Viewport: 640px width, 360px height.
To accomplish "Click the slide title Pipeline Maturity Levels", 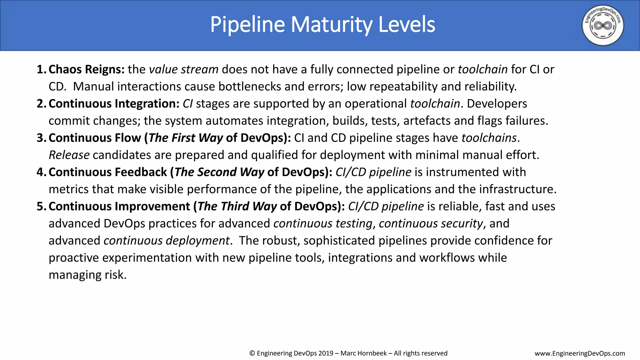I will click(x=322, y=25).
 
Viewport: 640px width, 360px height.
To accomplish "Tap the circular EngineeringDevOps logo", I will click(x=602, y=25).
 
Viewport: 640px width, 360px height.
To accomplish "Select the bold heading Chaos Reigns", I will click(x=87, y=69).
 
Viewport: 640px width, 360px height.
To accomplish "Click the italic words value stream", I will click(x=184, y=69).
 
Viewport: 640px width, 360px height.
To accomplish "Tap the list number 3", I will click(x=41, y=138).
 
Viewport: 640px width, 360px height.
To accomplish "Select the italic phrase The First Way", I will click(x=186, y=138).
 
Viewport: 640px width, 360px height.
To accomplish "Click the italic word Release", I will click(x=69, y=155).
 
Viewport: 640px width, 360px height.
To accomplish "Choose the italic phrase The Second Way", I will click(x=219, y=172).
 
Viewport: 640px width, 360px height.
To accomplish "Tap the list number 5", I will click(x=41, y=207).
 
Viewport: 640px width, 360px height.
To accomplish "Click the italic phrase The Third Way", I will click(x=237, y=207).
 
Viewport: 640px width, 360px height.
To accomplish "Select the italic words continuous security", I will click(x=431, y=224).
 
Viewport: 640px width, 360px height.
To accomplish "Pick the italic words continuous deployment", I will click(x=167, y=241).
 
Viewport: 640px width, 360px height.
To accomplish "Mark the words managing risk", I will click(x=87, y=275).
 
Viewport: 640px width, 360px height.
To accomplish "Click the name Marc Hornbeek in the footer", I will click(x=363, y=353).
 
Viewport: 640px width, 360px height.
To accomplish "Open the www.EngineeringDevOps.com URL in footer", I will click(x=580, y=353).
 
